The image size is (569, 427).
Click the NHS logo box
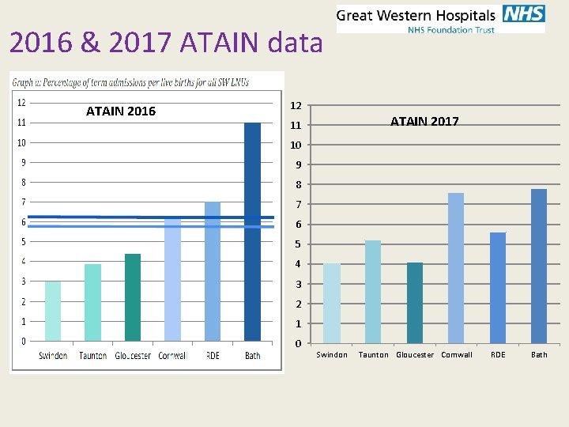click(x=522, y=14)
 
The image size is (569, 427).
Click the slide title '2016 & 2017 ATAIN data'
click(x=166, y=43)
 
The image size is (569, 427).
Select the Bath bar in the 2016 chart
click(x=252, y=232)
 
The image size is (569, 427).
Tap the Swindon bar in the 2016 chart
click(x=53, y=311)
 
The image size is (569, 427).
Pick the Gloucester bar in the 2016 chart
click(x=133, y=297)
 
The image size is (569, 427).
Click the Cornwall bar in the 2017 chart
click(x=456, y=267)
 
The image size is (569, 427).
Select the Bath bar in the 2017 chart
click(x=539, y=266)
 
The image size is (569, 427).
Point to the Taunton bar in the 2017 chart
click(x=373, y=291)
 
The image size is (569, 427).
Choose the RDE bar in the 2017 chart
click(x=498, y=287)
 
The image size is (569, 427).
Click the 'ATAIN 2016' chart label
click(x=121, y=111)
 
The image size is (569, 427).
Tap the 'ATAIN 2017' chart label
click(x=424, y=121)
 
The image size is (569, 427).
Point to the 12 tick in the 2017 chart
click(x=295, y=105)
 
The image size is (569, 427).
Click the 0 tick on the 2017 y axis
click(x=295, y=343)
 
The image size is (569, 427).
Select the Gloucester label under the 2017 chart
click(x=415, y=355)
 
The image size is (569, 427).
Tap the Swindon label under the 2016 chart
click(x=53, y=356)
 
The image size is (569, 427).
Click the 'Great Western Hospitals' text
click(x=416, y=14)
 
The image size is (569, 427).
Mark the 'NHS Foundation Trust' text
click(x=450, y=30)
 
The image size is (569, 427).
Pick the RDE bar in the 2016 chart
click(x=213, y=271)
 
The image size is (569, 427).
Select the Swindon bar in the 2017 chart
click(x=332, y=303)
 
